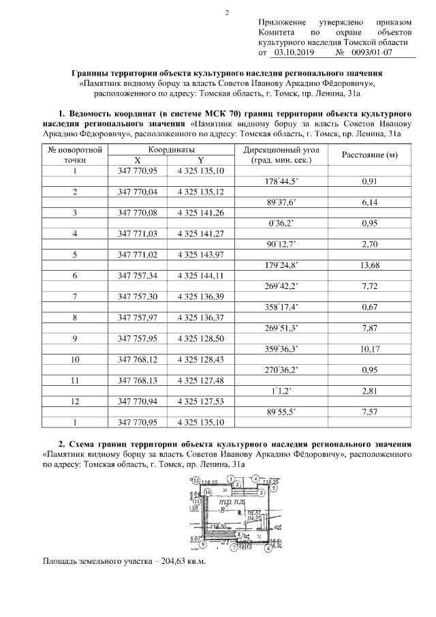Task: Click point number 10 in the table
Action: [x=74, y=359]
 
